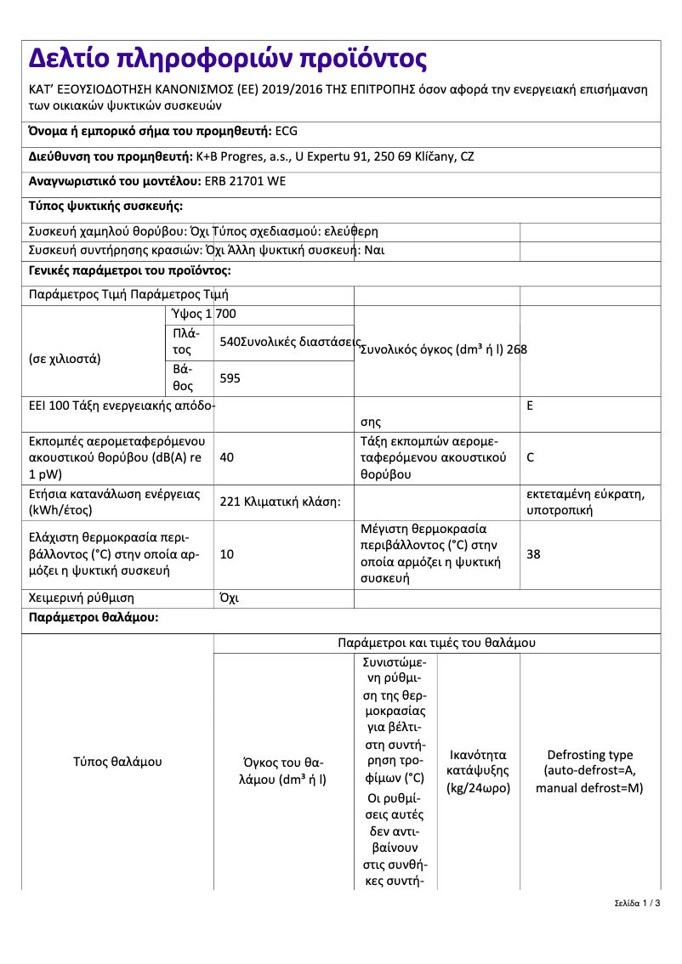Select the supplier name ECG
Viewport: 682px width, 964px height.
click(x=287, y=131)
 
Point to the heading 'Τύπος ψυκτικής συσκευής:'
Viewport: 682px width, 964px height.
click(x=105, y=206)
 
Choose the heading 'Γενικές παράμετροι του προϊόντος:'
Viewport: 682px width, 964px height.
click(x=129, y=270)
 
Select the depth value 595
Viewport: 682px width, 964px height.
click(x=230, y=378)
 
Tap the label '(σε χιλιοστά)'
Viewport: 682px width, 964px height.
click(x=65, y=358)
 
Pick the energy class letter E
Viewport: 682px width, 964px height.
click(x=530, y=406)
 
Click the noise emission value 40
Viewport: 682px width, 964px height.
click(x=227, y=457)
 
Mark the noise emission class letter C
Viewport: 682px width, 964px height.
click(x=531, y=457)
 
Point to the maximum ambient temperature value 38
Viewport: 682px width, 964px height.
click(x=533, y=554)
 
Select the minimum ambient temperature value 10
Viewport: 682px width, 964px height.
click(x=227, y=554)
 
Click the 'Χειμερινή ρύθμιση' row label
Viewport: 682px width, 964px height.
click(x=82, y=598)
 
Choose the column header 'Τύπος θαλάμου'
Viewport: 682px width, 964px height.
click(x=117, y=762)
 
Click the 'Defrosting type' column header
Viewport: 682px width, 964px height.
click(x=589, y=771)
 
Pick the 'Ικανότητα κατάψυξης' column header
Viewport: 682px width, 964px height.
click(x=478, y=771)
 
